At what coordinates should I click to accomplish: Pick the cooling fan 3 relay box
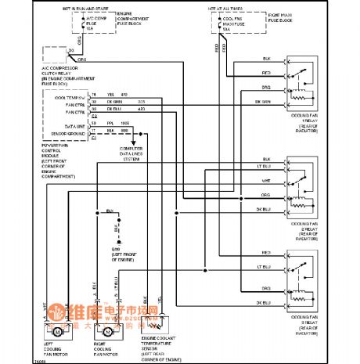(305, 277)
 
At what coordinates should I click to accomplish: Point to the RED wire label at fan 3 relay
(267, 252)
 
